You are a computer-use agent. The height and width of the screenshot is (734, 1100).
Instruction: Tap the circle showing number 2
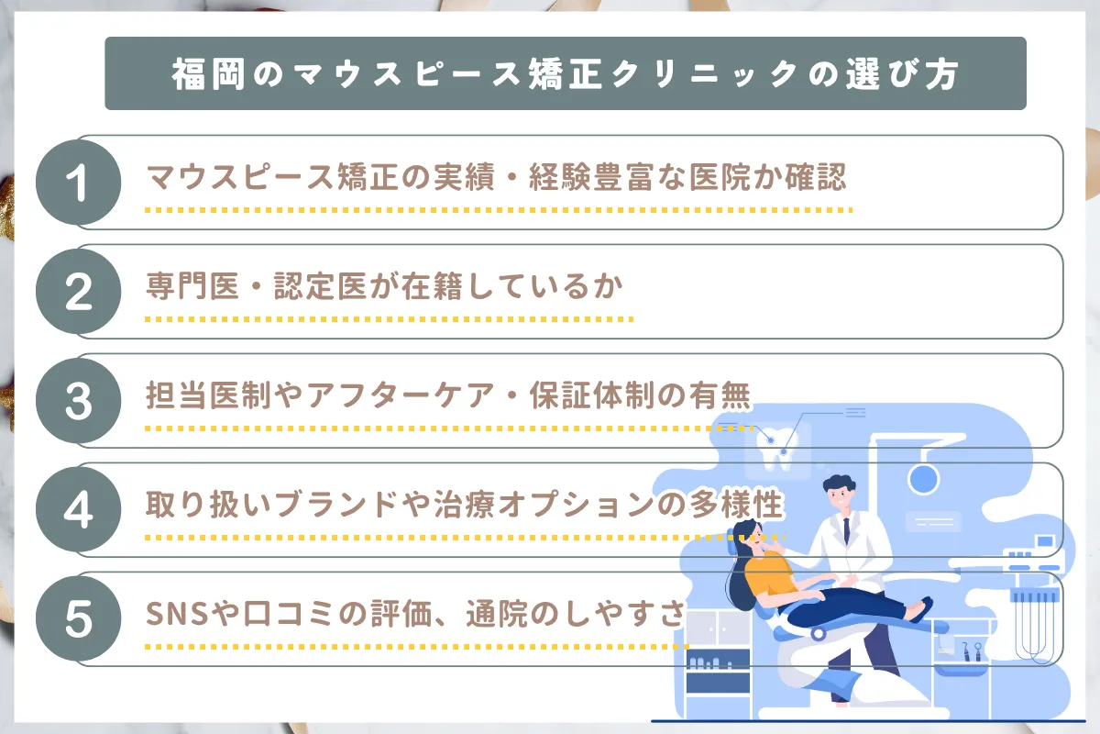78,292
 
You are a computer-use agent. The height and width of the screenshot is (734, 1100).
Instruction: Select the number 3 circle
78,401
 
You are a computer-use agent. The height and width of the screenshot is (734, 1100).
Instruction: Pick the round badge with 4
78,510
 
